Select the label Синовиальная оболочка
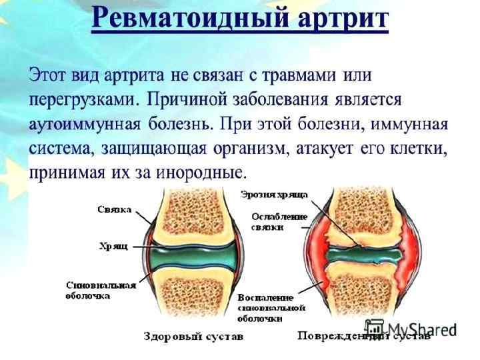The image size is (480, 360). (101, 290)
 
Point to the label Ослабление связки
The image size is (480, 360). (279, 222)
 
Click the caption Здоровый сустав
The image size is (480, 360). (193, 337)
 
